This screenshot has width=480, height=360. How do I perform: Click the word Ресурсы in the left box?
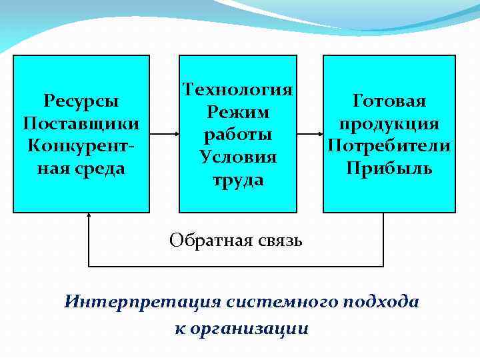click(x=81, y=101)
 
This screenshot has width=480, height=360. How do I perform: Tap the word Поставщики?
click(x=81, y=123)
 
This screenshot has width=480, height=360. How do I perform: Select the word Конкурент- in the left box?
click(x=81, y=145)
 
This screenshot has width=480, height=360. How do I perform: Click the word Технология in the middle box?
click(x=238, y=89)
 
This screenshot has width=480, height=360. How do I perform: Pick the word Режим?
click(x=238, y=111)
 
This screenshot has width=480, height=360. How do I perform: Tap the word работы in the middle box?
click(x=238, y=134)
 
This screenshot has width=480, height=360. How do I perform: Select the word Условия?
click(x=238, y=157)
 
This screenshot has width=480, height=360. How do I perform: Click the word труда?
click(x=238, y=179)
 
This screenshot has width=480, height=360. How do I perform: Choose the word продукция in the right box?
click(x=389, y=123)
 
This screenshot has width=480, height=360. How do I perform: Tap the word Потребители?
click(x=389, y=145)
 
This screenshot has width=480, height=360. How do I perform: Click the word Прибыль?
click(x=389, y=168)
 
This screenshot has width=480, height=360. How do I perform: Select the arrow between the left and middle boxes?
click(x=164, y=134)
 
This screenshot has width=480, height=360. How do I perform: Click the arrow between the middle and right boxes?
click(x=310, y=134)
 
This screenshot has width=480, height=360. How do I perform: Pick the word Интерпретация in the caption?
click(x=142, y=301)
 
